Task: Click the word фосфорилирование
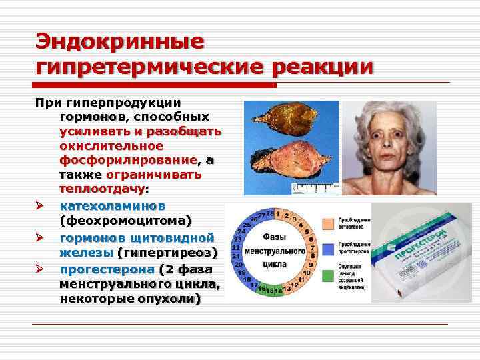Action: [128, 160]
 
